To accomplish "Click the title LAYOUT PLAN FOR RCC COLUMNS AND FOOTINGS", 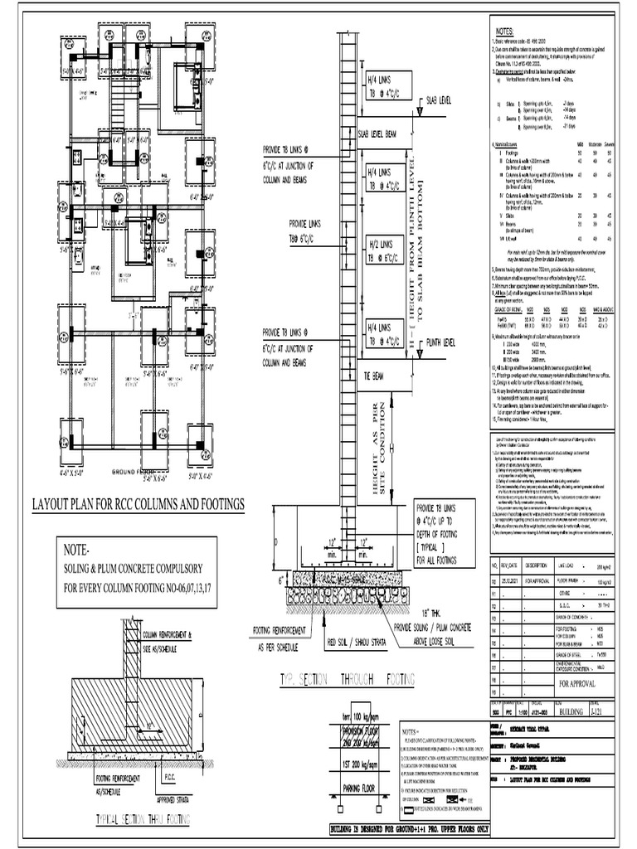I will point(138,504).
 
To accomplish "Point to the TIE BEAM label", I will point(376,376).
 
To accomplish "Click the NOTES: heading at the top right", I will point(506,31).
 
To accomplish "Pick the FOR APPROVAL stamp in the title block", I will point(576,684).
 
